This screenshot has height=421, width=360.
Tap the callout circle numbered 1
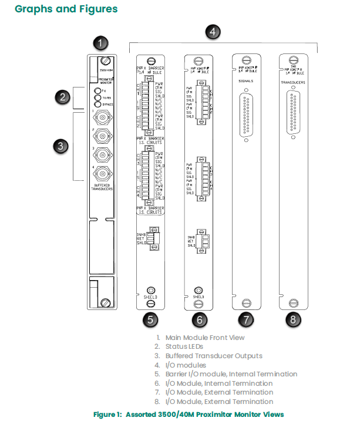[x=102, y=43]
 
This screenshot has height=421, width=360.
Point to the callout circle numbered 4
[x=214, y=32]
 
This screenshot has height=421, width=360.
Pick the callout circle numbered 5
[x=151, y=319]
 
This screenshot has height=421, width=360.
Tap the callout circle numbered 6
[x=199, y=319]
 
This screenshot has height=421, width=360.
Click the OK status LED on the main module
[x=97, y=91]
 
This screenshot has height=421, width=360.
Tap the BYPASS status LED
[x=97, y=105]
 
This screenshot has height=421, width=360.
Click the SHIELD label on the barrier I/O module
[x=150, y=297]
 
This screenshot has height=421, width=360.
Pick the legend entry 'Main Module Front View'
[x=205, y=338]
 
